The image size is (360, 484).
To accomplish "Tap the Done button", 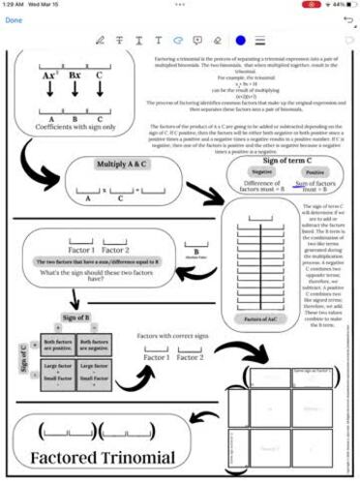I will pyautogui.click(x=14, y=19).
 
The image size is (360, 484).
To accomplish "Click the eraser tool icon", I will pyautogui.click(x=217, y=40).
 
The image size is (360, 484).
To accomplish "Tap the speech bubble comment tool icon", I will pyautogui.click(x=197, y=40).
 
